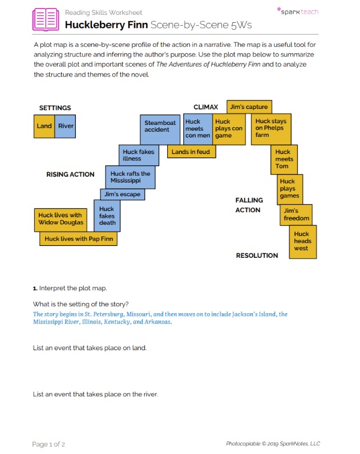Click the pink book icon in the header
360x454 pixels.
click(46, 19)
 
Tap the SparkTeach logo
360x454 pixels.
click(297, 11)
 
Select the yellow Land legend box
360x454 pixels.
click(44, 126)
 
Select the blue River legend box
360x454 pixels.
click(66, 126)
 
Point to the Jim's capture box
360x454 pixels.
click(249, 107)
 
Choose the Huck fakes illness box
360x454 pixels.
click(139, 155)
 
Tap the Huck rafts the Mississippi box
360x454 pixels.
click(130, 177)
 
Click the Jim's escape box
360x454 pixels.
click(122, 194)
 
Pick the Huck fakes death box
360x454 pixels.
click(107, 216)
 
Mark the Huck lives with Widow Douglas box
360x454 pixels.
click(60, 219)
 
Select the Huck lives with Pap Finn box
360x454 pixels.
click(78, 239)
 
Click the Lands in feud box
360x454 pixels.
click(191, 152)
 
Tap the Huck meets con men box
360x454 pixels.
click(197, 129)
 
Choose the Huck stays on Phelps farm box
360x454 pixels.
click(271, 129)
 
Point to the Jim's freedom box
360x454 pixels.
click(296, 215)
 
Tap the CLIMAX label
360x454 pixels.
click(205, 107)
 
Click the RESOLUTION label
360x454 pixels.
click(257, 256)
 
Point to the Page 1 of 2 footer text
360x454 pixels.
click(48, 444)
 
